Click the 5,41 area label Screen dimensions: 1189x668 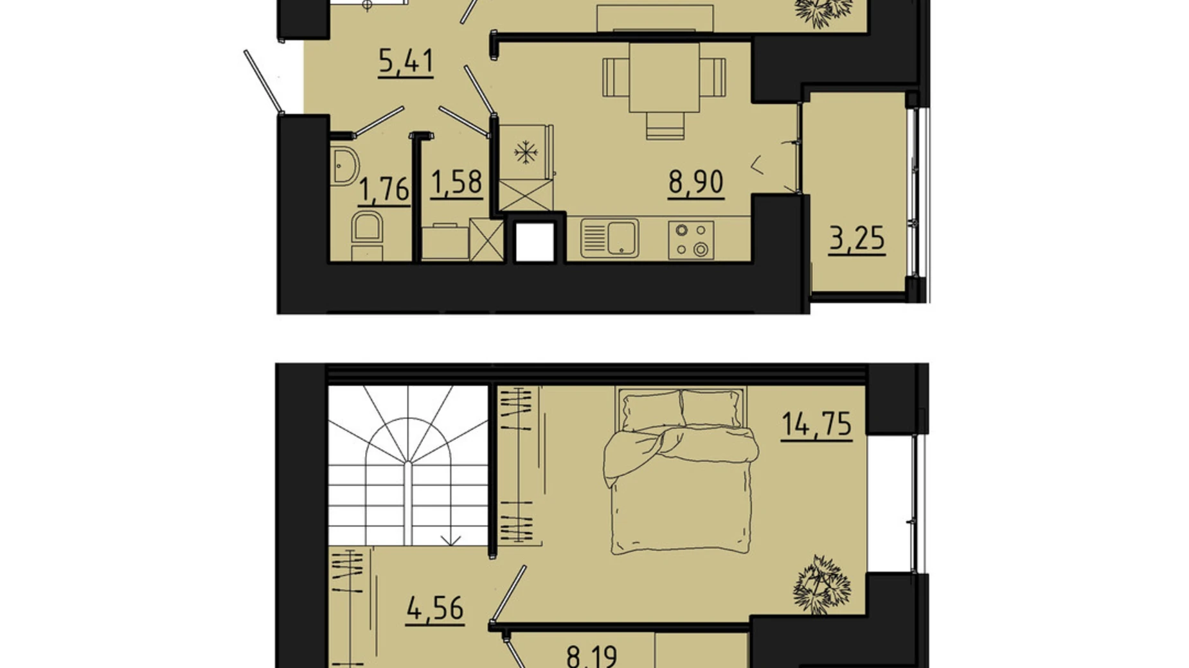point(406,62)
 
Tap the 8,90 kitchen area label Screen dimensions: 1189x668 point(695,182)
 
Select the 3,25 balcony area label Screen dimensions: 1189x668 point(856,239)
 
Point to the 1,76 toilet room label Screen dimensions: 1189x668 point(384,190)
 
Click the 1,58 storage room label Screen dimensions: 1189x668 point(456,183)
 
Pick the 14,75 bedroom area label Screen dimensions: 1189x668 point(816,425)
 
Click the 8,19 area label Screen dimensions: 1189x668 point(592,657)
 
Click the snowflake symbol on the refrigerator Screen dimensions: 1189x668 point(526,153)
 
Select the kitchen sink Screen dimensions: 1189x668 point(609,238)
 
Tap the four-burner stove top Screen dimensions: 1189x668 point(691,240)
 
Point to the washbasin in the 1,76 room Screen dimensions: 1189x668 point(344,166)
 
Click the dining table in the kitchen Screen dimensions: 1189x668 point(664,77)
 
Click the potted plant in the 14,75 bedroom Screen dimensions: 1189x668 point(821,584)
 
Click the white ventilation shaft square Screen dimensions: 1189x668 point(535,242)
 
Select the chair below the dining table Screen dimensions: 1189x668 point(665,125)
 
